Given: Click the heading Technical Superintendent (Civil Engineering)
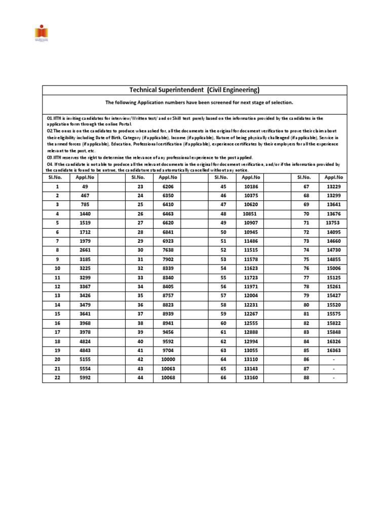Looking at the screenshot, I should [x=194, y=90].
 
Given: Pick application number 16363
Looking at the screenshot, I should [x=333, y=351].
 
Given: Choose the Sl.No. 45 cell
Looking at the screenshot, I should [x=222, y=186].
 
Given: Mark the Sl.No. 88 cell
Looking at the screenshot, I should [x=305, y=378].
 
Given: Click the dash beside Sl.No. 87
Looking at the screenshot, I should [x=333, y=369].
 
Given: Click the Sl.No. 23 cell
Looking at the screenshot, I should [x=140, y=186].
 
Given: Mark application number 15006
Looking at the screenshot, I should [x=333, y=268].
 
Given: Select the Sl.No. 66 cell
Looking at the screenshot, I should [x=222, y=378].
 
